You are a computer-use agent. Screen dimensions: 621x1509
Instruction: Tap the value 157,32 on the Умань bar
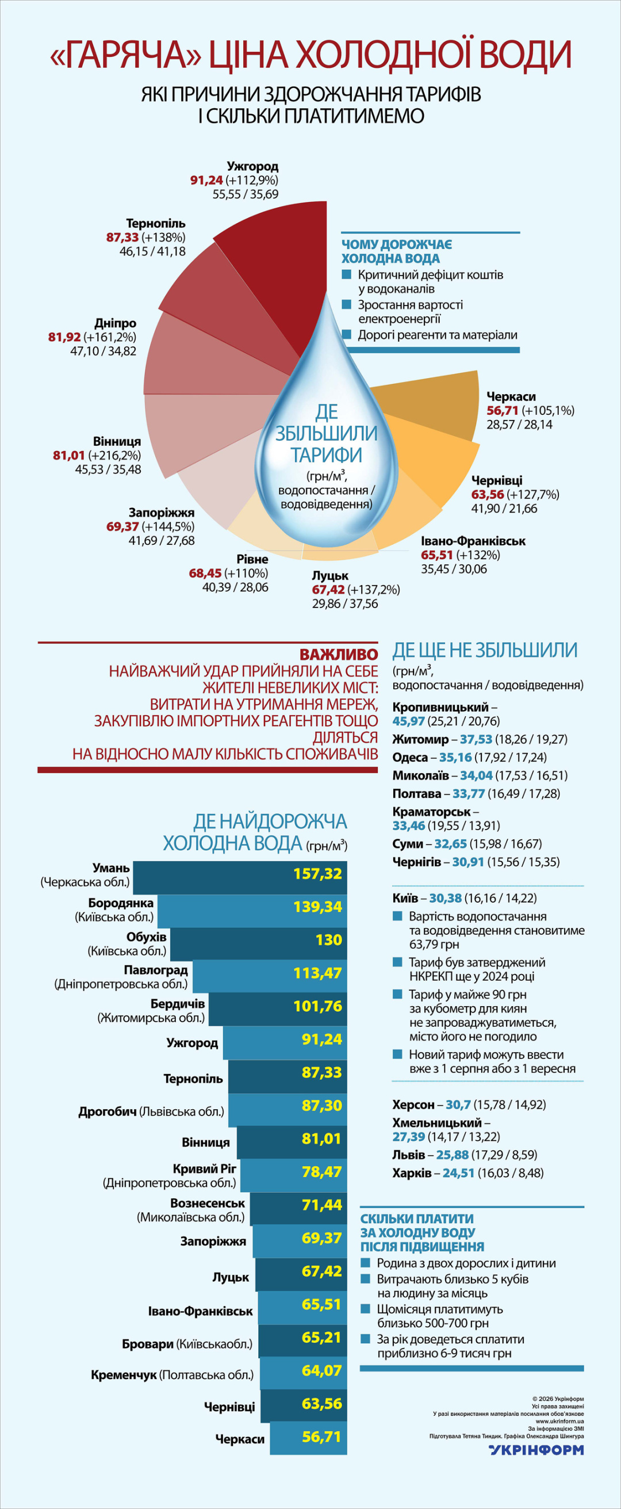317,873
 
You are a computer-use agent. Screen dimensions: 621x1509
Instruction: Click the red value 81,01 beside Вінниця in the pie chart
68,455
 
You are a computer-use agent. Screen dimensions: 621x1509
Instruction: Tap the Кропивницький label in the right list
440,707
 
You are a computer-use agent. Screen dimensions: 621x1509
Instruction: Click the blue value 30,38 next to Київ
446,898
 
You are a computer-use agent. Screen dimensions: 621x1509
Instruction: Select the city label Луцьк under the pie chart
330,576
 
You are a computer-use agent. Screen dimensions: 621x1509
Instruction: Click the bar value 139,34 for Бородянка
317,907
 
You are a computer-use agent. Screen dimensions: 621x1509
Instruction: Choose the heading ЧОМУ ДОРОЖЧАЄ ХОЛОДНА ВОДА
397,251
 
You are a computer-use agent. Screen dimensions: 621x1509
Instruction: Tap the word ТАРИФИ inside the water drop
327,455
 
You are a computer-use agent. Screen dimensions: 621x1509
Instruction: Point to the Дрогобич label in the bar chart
107,1111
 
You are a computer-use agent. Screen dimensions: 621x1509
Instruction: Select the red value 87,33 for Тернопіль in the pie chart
122,237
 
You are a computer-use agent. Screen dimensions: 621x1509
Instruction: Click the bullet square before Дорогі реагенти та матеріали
347,334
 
